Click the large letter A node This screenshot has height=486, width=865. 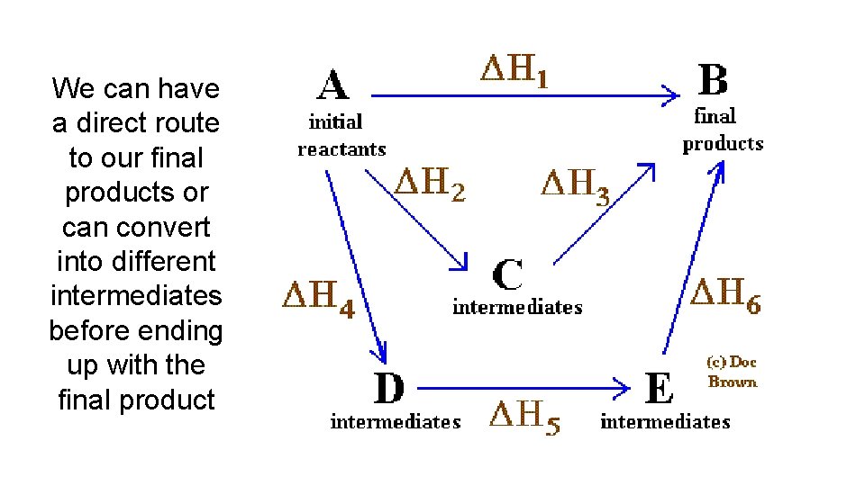(333, 86)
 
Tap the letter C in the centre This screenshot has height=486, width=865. (509, 275)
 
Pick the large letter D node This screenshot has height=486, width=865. (389, 389)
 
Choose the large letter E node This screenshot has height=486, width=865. (660, 389)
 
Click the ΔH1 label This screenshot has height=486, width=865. (512, 70)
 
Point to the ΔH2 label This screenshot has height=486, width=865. (432, 184)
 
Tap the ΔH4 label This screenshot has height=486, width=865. (319, 297)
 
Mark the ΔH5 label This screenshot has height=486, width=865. (524, 417)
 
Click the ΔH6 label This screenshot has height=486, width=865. (724, 295)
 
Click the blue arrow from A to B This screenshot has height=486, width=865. (523, 94)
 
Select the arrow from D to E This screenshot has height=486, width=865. (523, 389)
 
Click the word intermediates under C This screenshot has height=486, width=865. (517, 308)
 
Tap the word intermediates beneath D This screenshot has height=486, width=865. (396, 421)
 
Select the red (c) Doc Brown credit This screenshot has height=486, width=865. (732, 372)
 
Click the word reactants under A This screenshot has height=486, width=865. (341, 149)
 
